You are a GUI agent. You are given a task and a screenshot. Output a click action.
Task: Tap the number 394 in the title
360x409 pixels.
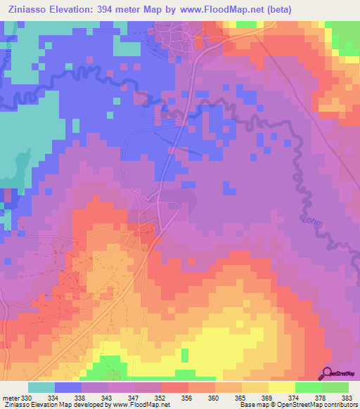[126, 8]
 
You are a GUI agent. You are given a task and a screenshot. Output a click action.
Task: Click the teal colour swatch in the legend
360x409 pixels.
[41, 387]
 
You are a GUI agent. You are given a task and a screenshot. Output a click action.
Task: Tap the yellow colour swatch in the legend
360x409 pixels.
[282, 387]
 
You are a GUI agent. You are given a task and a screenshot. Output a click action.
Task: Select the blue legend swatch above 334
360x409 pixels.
[68, 387]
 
